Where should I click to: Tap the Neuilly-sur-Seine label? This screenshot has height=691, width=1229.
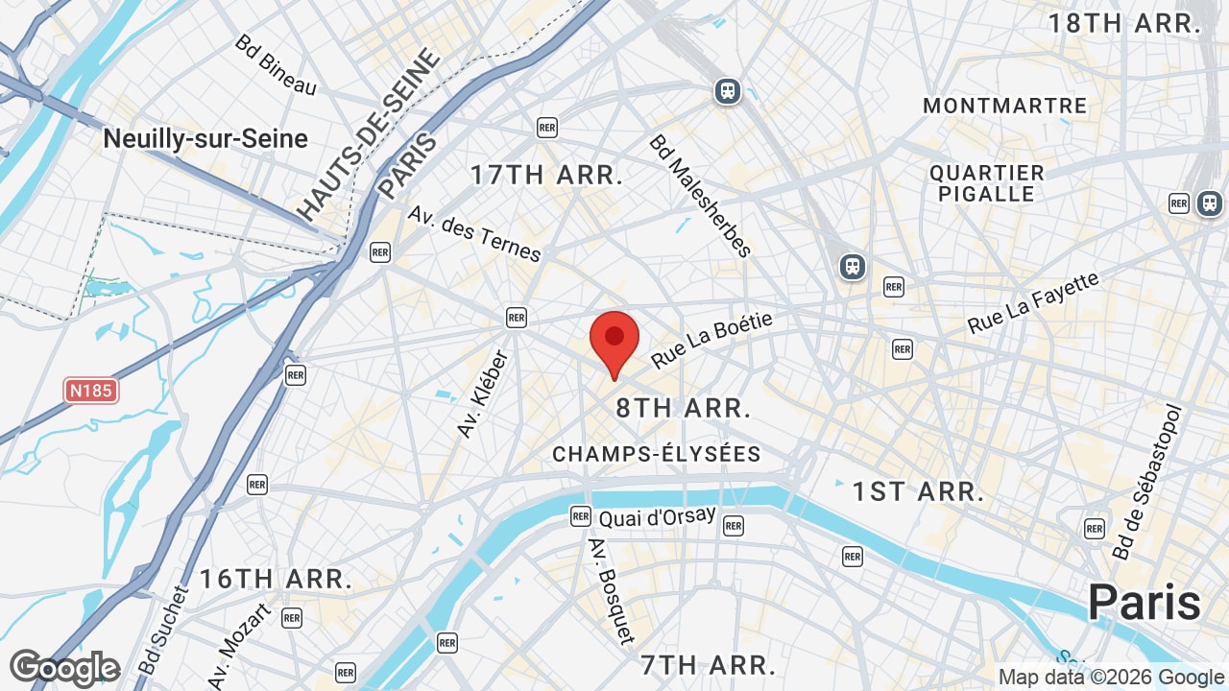205,139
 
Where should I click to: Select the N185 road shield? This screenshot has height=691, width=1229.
91,391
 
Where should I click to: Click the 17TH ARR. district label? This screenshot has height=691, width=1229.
546,176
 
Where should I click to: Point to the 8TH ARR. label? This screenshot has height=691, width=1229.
683,409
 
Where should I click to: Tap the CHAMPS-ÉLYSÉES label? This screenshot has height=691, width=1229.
657,454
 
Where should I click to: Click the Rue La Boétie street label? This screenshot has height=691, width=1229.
711,341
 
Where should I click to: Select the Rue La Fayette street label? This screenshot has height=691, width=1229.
1033,303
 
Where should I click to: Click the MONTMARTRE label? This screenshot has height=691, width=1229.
1004,106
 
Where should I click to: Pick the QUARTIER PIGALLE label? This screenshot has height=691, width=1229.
986,183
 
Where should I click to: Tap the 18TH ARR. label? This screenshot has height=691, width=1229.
1124,24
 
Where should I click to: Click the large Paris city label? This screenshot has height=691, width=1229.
1144,603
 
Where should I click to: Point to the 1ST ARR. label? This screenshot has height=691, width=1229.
918,492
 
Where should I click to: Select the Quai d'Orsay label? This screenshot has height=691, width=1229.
657,517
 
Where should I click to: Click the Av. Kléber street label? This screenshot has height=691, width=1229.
483,394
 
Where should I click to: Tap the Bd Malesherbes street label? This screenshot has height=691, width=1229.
700,196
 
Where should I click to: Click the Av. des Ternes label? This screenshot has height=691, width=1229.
475,233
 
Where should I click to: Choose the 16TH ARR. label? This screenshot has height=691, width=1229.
276,580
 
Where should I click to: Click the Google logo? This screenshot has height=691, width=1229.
64,668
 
